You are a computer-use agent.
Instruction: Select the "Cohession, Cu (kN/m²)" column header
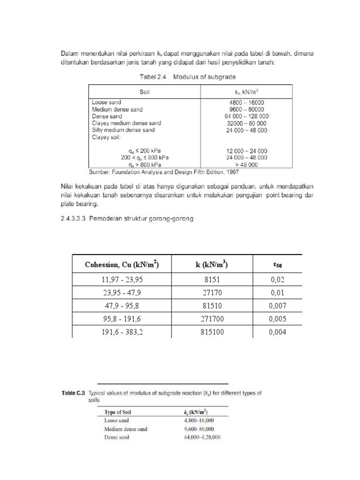click(x=122, y=265)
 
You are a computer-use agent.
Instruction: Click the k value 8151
click(x=212, y=280)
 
